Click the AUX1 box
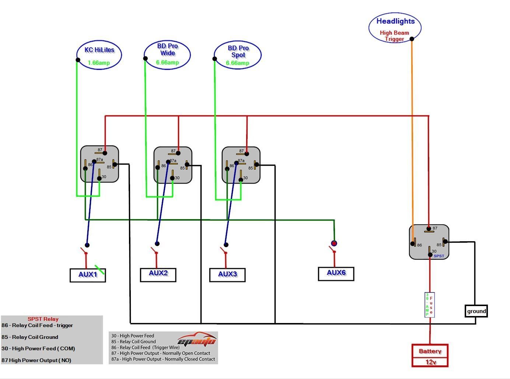coord(88,275)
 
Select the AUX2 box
coord(158,274)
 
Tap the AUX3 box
coord(227,275)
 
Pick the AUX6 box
coord(336,274)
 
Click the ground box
coord(476,311)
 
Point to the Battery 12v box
coord(430,355)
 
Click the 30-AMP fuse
coord(430,305)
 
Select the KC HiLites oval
coord(99,55)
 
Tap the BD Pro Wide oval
coord(167,55)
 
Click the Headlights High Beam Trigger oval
coord(395,28)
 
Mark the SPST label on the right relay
coord(439,256)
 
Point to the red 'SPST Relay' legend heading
coord(43,319)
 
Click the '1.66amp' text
coord(99,63)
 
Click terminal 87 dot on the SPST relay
coord(429,229)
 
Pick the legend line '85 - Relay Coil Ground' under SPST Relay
coord(30,337)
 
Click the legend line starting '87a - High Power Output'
coord(163,359)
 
